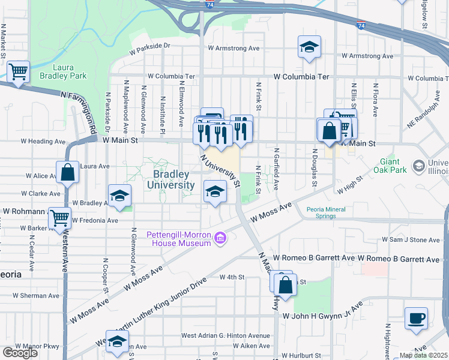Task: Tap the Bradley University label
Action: click(173, 180)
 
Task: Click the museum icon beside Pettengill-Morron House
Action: click(220, 238)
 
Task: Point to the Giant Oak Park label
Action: click(394, 166)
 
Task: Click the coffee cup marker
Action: click(416, 318)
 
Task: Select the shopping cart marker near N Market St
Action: click(19, 72)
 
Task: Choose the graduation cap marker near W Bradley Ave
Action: click(119, 195)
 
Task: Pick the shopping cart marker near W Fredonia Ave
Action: click(59, 218)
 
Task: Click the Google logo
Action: click(20, 353)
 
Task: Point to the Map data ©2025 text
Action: click(423, 355)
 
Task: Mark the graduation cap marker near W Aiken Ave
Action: click(118, 341)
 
